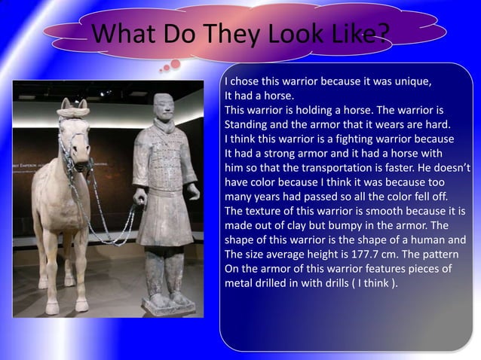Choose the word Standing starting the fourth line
tap(248, 125)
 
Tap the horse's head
tap(74, 132)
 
